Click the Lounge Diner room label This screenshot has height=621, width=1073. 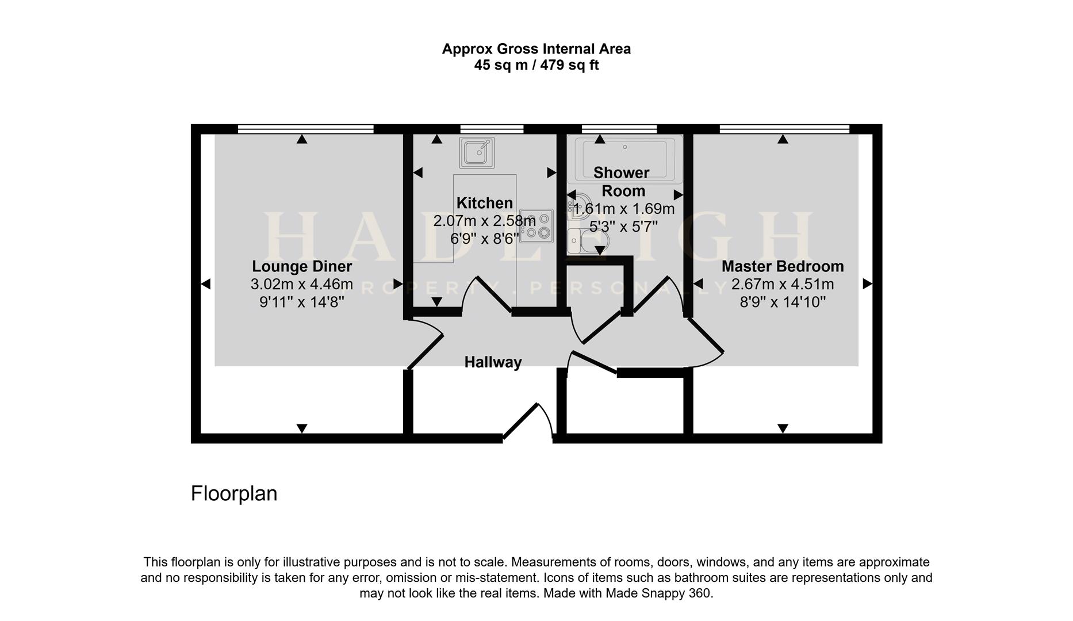pos(301,266)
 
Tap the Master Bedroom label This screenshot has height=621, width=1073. pos(782,266)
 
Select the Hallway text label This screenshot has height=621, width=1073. pos(493,362)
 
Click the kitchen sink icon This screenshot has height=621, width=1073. pos(477,152)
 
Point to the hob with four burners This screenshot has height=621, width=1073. pos(537,225)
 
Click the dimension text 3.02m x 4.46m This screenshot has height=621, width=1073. pos(301,284)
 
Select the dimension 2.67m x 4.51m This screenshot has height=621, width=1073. pos(782,284)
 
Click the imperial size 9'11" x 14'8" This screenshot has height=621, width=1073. pos(301,302)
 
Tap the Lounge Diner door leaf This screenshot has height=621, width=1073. pos(426,351)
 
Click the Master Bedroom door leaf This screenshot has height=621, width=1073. pos(706,335)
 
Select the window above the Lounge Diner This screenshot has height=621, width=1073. pos(305,129)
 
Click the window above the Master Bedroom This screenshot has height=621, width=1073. pos(784,129)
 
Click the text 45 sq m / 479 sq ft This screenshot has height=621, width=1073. pos(536,65)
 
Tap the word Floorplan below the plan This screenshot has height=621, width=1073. pos(233,493)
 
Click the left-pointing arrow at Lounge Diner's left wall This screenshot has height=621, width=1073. pos(205,283)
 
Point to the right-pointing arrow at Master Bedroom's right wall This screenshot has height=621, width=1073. pos(867,283)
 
